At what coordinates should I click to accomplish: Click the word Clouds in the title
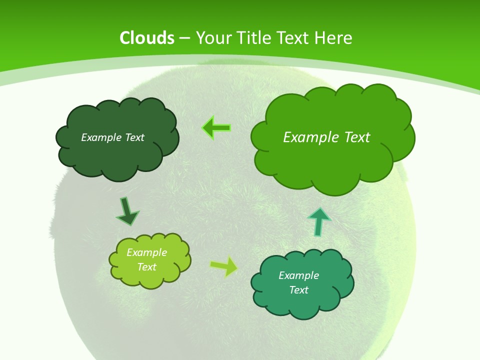coord(147,38)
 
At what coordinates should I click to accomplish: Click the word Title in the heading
coord(257,38)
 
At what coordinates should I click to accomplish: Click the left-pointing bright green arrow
coord(216,128)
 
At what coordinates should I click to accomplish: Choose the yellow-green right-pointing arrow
coord(223,266)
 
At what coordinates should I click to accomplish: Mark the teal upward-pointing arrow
coord(318,221)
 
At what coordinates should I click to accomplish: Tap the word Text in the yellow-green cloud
coord(147,267)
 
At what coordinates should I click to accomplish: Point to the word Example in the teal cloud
coord(298,275)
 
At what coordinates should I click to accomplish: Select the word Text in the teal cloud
coord(298,290)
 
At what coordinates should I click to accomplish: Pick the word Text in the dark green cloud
coord(134,137)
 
